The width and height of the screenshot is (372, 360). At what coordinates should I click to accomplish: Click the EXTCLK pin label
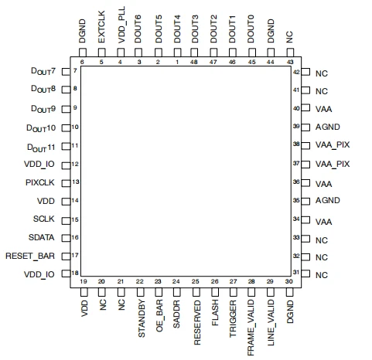click(101, 27)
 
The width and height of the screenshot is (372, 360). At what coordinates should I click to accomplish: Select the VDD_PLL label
click(121, 25)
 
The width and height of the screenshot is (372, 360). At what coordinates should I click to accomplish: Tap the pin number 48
click(194, 62)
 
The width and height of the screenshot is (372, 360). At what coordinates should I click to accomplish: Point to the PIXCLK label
click(40, 182)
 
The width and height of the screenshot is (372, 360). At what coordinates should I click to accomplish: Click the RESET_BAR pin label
click(30, 256)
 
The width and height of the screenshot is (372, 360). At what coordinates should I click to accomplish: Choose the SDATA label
click(41, 237)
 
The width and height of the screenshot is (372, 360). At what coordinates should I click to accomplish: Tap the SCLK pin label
click(44, 219)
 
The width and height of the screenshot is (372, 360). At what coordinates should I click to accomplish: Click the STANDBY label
click(142, 318)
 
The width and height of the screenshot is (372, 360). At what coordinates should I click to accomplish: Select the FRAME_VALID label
click(251, 328)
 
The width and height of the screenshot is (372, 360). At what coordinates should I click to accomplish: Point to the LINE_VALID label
click(271, 323)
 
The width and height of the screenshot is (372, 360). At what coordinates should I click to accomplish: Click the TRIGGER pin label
click(233, 319)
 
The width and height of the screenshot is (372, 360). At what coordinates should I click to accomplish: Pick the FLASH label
click(215, 313)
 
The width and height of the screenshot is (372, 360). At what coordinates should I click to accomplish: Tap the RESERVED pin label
click(197, 322)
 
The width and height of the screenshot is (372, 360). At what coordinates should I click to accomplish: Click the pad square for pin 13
click(66, 183)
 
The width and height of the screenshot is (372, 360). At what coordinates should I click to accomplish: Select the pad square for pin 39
click(305, 127)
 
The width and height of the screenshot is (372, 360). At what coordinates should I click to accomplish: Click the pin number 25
click(196, 281)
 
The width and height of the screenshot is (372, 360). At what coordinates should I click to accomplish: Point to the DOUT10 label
click(41, 128)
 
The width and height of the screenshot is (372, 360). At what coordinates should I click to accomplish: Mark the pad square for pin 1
click(177, 53)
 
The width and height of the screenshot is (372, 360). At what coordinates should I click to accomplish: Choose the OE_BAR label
click(159, 315)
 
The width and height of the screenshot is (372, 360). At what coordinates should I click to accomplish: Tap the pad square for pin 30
click(289, 292)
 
